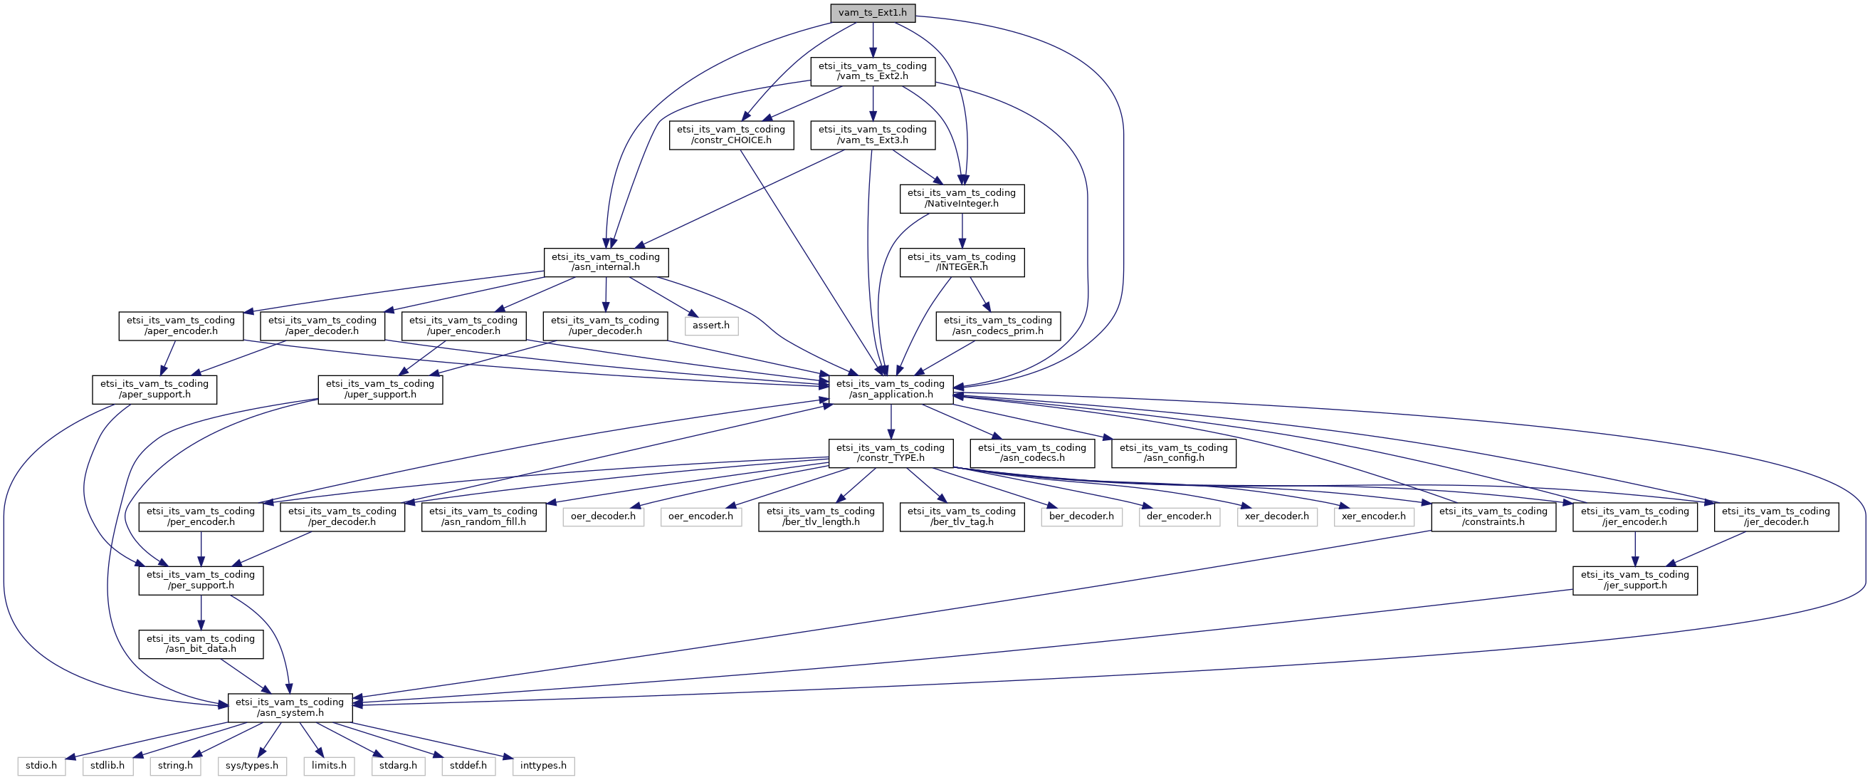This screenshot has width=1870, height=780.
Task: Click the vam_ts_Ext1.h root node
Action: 873,12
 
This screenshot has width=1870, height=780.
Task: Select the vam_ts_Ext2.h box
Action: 873,71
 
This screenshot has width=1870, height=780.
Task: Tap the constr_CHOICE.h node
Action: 731,135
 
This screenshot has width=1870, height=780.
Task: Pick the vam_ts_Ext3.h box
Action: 873,135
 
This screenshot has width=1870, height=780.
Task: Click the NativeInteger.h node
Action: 962,198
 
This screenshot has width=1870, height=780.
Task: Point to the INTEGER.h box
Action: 962,261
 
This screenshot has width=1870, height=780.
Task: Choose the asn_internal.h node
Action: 606,261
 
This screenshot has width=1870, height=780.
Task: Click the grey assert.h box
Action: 710,326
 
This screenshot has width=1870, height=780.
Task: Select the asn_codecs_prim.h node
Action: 998,326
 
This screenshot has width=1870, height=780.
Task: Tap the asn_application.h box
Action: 891,389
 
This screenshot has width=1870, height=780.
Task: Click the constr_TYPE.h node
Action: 891,452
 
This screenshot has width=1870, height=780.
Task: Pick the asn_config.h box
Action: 1174,452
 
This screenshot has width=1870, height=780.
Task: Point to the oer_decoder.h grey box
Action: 603,516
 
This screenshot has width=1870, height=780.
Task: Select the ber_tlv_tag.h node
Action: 962,516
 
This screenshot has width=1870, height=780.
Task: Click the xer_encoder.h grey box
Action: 1373,516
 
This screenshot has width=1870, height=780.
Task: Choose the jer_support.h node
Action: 1635,580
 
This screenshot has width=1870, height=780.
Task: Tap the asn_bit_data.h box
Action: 201,643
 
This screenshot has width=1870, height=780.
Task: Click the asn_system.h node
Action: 290,707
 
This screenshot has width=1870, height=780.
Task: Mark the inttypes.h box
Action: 544,766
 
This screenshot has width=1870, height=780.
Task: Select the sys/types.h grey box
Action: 252,766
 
